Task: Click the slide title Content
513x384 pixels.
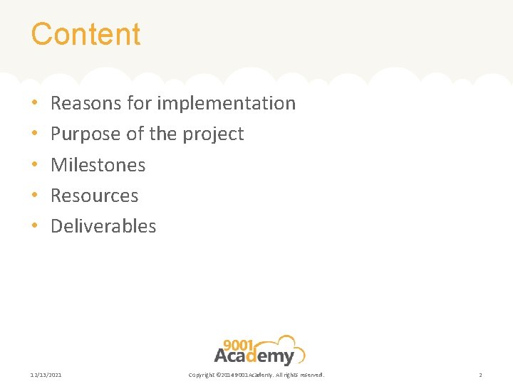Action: (85, 34)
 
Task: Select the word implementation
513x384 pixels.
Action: (226, 103)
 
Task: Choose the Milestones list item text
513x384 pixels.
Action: (98, 165)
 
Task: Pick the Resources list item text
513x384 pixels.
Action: (95, 196)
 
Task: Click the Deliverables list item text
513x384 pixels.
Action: (103, 226)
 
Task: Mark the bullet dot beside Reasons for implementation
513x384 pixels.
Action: (35, 104)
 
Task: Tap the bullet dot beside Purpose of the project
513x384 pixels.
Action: (35, 134)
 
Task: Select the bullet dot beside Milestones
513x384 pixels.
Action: (35, 166)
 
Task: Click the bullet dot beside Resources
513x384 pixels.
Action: (35, 196)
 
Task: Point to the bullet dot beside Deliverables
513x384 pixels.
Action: (35, 227)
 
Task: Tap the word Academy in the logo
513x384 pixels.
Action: (254, 356)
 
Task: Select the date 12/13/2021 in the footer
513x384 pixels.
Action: (46, 375)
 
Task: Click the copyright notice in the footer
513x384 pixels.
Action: (256, 375)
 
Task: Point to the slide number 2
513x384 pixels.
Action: (480, 375)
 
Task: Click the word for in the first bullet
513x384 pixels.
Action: (140, 103)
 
